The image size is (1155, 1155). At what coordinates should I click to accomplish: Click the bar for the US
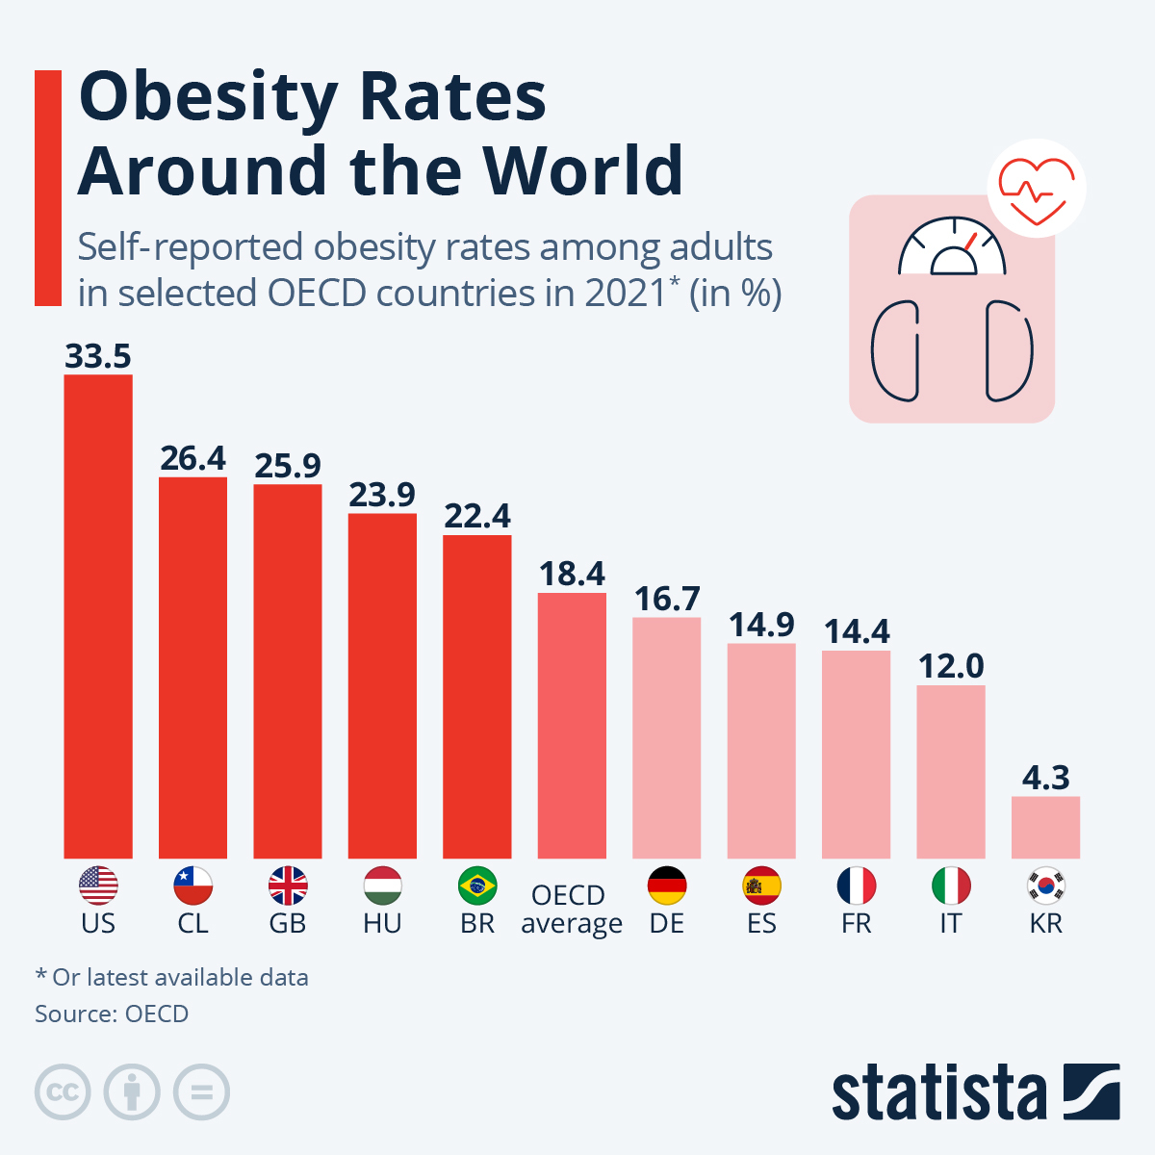(x=98, y=616)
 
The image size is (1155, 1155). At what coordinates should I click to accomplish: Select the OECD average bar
(x=572, y=726)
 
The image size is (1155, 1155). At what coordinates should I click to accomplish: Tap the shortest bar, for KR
(x=1045, y=828)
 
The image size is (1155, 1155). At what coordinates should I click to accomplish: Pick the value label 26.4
(x=192, y=459)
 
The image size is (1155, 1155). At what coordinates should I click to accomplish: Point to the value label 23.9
(x=382, y=495)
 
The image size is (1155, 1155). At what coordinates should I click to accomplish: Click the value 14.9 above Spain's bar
(x=761, y=626)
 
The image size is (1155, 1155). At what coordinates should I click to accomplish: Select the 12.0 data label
(x=951, y=666)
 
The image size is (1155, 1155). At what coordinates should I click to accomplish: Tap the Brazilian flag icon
(x=477, y=885)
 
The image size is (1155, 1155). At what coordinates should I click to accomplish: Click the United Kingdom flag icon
(x=288, y=885)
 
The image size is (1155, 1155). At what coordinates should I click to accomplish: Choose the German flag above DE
(x=667, y=885)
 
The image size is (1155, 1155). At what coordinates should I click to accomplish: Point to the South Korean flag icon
(x=1045, y=885)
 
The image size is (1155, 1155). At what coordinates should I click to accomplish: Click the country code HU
(x=382, y=924)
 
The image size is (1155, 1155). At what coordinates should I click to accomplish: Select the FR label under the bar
(x=856, y=924)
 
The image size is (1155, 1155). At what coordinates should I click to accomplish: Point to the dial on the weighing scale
(x=952, y=248)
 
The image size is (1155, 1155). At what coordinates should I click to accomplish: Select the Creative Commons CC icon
(x=63, y=1092)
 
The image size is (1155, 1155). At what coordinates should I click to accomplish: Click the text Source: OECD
(x=112, y=1014)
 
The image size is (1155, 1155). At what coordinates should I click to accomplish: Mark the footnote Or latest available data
(x=179, y=978)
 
